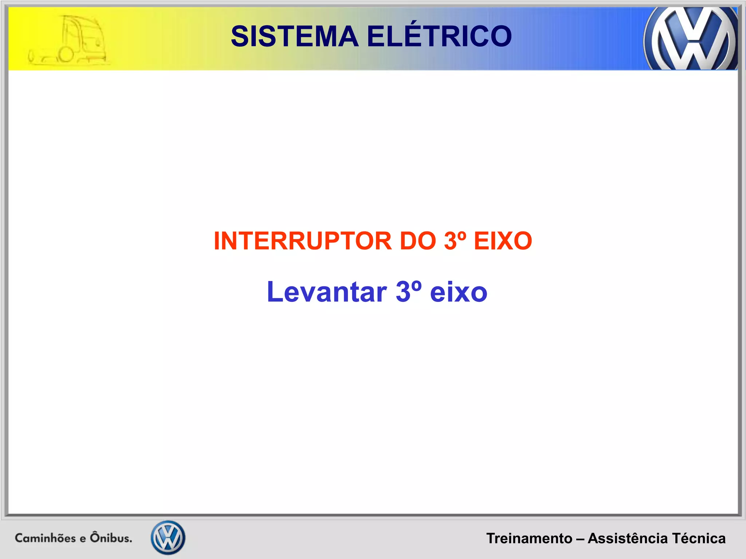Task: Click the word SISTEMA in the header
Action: tap(295, 36)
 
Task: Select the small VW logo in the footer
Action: tap(168, 538)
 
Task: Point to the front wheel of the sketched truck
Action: tap(67, 55)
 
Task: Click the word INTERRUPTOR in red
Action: tap(302, 241)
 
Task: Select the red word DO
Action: tap(417, 241)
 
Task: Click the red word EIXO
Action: tap(503, 241)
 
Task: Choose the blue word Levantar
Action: tap(326, 292)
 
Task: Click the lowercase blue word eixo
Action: tap(458, 293)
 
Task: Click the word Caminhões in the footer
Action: tap(45, 538)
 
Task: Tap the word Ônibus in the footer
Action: tap(111, 538)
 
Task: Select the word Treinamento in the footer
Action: tap(529, 538)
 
